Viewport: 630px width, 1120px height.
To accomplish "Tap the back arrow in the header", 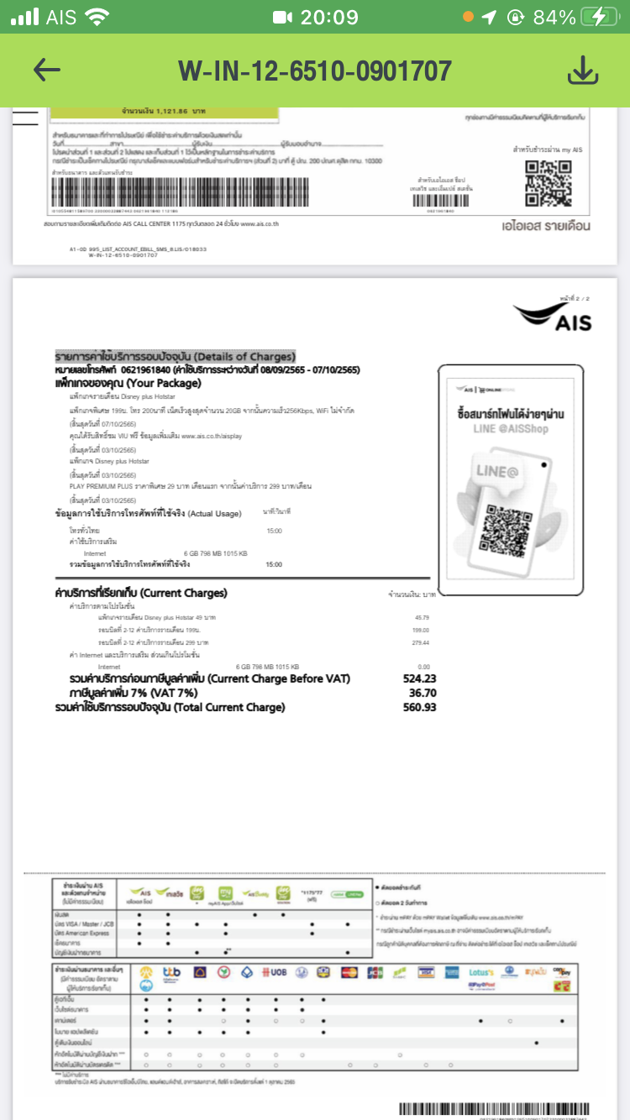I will point(47,71).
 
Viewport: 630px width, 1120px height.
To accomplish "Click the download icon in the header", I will point(582,71).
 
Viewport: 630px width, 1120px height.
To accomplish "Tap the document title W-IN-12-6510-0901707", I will point(314,71).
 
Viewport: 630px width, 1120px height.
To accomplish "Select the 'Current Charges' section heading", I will point(140,593).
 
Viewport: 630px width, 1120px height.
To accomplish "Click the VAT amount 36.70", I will point(423,693).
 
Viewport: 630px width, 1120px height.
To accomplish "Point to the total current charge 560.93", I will point(419,708).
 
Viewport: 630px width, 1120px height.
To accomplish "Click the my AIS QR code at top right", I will point(548,182).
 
